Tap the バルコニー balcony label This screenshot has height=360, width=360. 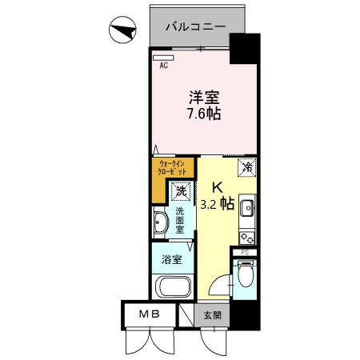pyautogui.click(x=194, y=26)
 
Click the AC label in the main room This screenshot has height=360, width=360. pyautogui.click(x=163, y=66)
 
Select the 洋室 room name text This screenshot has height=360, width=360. pyautogui.click(x=204, y=97)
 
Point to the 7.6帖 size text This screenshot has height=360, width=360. pyautogui.click(x=204, y=114)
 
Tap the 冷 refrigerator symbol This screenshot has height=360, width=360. pyautogui.click(x=247, y=167)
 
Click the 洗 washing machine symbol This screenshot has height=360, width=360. pyautogui.click(x=181, y=191)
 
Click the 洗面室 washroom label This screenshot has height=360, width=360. pyautogui.click(x=181, y=220)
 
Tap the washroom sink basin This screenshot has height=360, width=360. pyautogui.click(x=160, y=224)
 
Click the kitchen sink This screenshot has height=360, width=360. pyautogui.click(x=248, y=210)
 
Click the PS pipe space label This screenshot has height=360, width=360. pyautogui.click(x=245, y=253)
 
